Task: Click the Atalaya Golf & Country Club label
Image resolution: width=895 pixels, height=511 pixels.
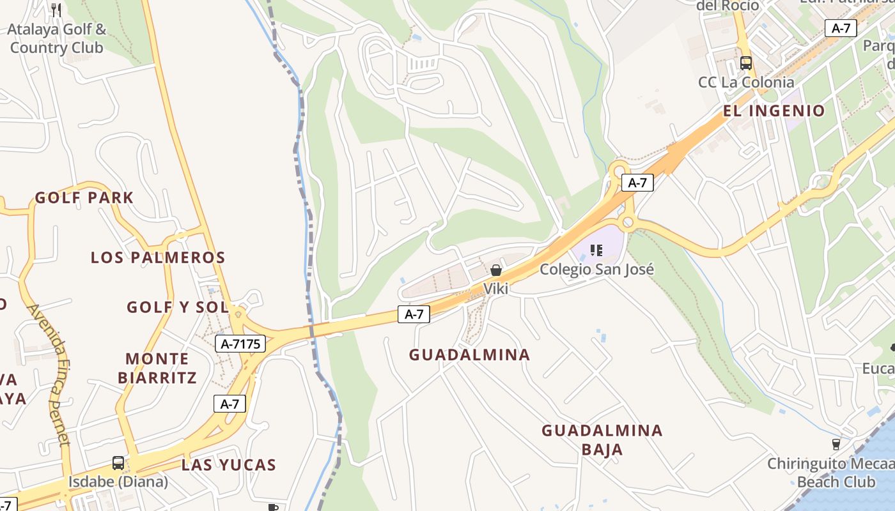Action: pyautogui.click(x=56, y=38)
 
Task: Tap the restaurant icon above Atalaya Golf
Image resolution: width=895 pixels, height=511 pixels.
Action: pyautogui.click(x=56, y=10)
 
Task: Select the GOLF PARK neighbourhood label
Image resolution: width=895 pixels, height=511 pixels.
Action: pyautogui.click(x=84, y=198)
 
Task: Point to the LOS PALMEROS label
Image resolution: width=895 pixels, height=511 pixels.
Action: pyautogui.click(x=158, y=257)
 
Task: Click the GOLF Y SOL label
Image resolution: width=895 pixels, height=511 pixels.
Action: pyautogui.click(x=177, y=307)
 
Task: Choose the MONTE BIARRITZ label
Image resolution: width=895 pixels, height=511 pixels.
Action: pyautogui.click(x=157, y=368)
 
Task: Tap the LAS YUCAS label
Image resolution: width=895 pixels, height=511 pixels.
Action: pyautogui.click(x=228, y=465)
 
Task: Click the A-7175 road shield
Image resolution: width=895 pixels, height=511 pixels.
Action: pyautogui.click(x=240, y=344)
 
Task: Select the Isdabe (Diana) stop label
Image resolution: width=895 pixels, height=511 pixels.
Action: pyautogui.click(x=118, y=482)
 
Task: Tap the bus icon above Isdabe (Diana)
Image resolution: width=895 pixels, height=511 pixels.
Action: pyautogui.click(x=118, y=463)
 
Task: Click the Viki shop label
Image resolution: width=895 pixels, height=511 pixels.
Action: pyautogui.click(x=495, y=289)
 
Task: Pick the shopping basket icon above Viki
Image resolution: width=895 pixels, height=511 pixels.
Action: pyautogui.click(x=495, y=271)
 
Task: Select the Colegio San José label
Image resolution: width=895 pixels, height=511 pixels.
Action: pyautogui.click(x=596, y=270)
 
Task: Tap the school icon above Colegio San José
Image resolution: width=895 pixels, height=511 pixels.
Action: pyautogui.click(x=596, y=250)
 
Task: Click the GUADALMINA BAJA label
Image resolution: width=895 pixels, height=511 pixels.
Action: pyautogui.click(x=602, y=439)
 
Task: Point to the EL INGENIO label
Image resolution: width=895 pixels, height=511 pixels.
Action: pyautogui.click(x=774, y=111)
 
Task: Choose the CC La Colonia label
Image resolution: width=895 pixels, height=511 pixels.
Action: pyautogui.click(x=746, y=82)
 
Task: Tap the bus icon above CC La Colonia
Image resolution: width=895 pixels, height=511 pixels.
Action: pyautogui.click(x=746, y=63)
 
